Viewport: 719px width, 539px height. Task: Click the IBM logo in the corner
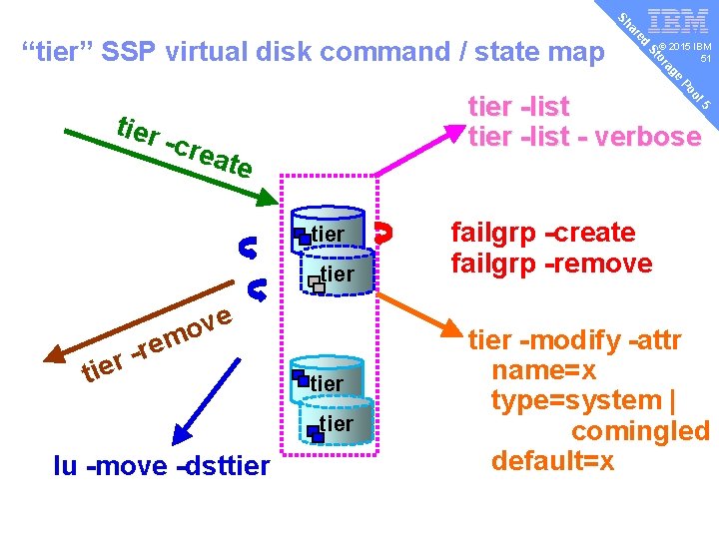tap(679, 22)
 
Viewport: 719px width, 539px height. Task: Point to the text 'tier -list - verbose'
tap(584, 137)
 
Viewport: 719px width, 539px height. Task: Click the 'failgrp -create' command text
tap(543, 233)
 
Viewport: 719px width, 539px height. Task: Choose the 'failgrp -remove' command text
tap(551, 264)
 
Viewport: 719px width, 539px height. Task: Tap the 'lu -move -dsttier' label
tap(162, 465)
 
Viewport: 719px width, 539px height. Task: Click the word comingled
tap(640, 431)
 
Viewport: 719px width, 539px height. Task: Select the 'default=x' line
tap(552, 462)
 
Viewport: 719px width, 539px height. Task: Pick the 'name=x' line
tap(544, 371)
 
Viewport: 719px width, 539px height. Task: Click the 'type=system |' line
tap(583, 401)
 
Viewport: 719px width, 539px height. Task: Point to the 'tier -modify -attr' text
tap(575, 341)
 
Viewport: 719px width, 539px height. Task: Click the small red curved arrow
tap(380, 234)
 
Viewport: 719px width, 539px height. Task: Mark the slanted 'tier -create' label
tap(184, 146)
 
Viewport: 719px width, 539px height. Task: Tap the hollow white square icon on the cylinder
tap(317, 284)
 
